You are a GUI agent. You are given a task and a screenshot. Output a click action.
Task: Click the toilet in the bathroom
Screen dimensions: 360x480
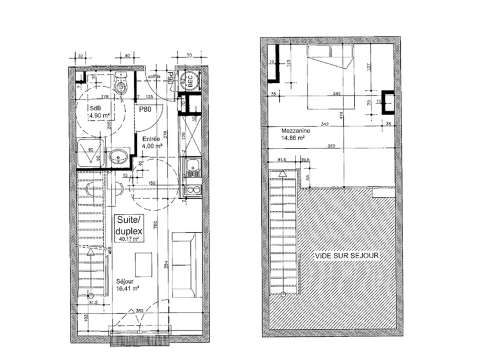[117, 91]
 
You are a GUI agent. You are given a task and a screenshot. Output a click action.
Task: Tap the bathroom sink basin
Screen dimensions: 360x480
[118, 156]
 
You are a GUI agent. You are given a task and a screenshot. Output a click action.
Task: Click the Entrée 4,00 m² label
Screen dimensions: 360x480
[153, 140]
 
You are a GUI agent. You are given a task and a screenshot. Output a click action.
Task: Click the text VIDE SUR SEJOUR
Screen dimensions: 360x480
[343, 256]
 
